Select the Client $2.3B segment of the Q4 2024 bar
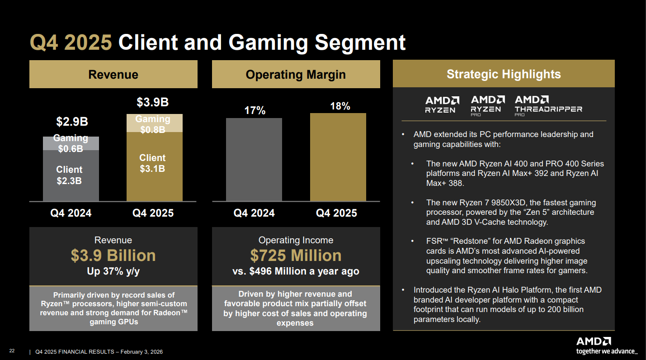(71, 175)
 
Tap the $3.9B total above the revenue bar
(153, 103)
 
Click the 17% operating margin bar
(254, 159)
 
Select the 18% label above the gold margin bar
(340, 106)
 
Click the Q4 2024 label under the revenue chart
(71, 213)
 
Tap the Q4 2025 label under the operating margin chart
(336, 213)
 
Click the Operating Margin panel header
(296, 75)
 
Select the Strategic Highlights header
(504, 74)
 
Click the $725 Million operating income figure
(296, 256)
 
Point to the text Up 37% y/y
(113, 271)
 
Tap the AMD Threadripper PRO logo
(548, 105)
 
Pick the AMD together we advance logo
(607, 346)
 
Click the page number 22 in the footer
(12, 351)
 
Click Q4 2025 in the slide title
(71, 43)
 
